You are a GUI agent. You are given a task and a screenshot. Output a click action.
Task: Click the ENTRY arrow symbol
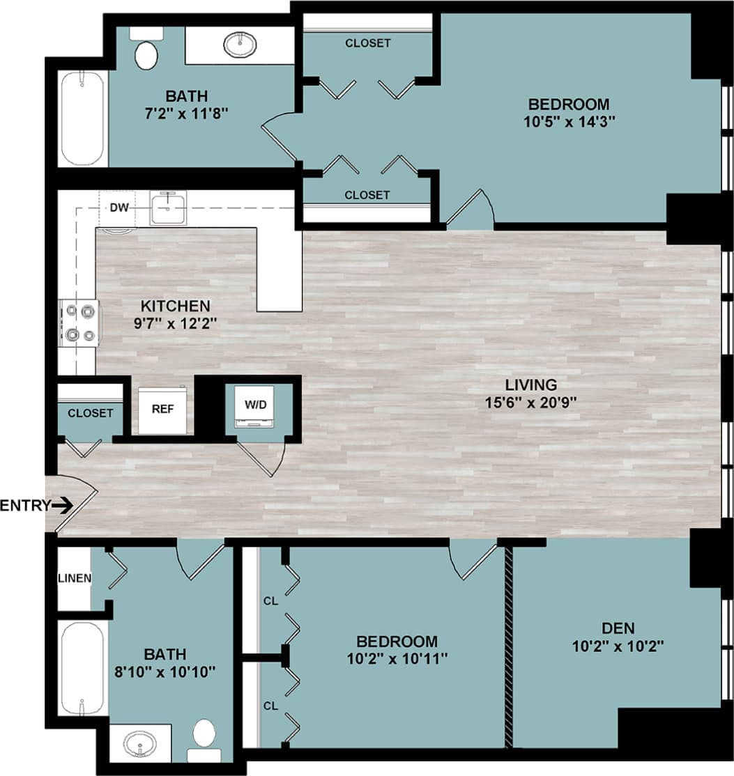pos(63,505)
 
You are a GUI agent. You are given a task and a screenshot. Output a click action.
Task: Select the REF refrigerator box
pos(165,409)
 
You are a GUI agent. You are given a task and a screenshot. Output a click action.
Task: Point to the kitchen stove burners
pos(79,324)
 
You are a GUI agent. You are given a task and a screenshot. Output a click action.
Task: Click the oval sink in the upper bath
pos(240,45)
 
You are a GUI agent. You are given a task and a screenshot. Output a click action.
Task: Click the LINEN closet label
pos(74,578)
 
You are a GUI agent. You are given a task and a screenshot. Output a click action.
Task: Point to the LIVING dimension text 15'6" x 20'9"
pos(531,402)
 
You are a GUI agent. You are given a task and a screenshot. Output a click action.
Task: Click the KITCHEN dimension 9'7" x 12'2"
pos(175,323)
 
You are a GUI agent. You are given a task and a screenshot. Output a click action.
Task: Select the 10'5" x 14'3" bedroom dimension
pos(568,122)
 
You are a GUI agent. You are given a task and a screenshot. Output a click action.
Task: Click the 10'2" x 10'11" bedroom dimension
pos(397,658)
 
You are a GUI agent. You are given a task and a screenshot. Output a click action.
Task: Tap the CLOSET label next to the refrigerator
pos(90,413)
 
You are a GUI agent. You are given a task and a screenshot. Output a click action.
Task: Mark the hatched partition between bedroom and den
pos(509,644)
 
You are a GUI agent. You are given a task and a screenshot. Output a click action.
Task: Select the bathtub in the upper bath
pos(83,118)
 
